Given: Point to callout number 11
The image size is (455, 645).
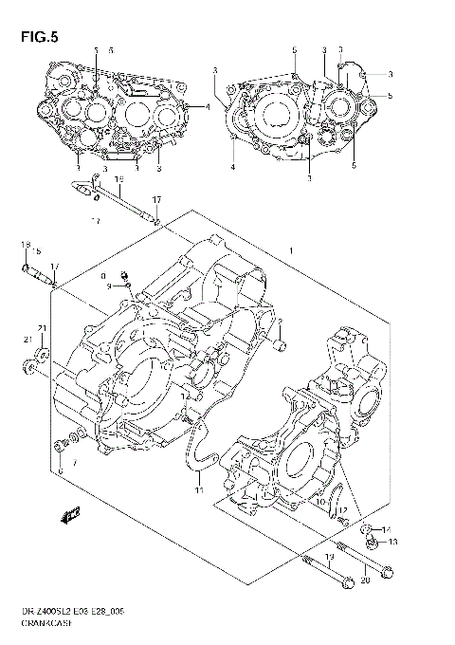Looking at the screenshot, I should point(200,490).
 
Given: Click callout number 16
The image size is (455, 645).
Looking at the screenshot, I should point(118,179).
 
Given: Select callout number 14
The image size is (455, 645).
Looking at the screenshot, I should point(386,530).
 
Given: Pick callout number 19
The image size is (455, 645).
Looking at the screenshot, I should point(329,557).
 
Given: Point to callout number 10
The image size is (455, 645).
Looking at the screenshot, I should point(320,502).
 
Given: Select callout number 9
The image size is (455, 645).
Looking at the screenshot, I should point(110,286).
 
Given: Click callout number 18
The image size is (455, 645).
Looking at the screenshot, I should point(21,246).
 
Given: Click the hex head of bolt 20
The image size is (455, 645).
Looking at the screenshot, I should point(388,572).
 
